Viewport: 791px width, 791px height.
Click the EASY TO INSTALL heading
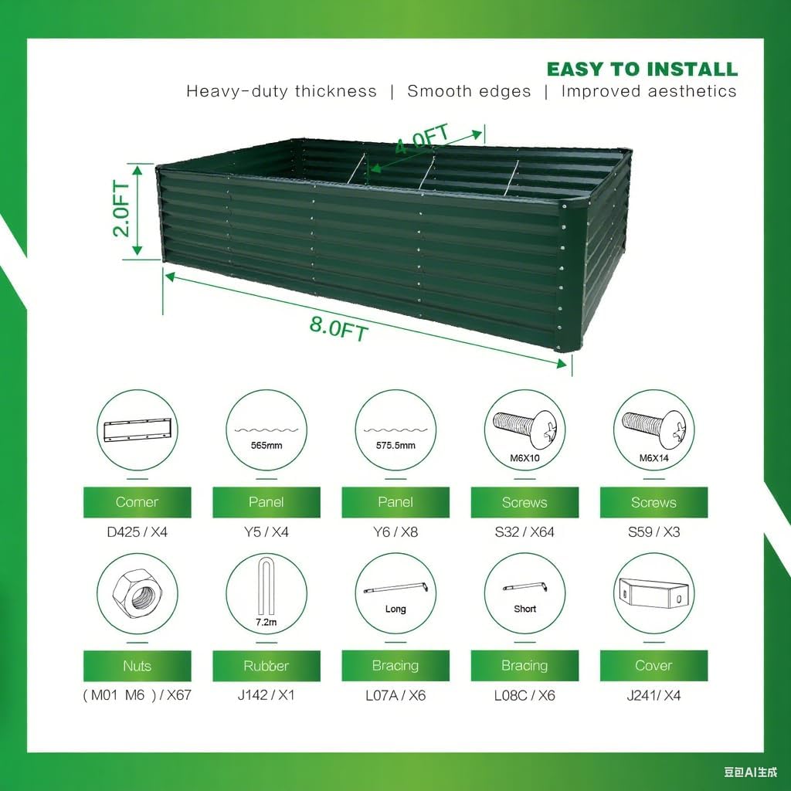pos(642,69)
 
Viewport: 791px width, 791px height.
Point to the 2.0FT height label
pos(122,209)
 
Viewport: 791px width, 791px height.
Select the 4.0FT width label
pos(422,141)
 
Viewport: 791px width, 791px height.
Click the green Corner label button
pos(137,502)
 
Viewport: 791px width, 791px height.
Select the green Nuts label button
pos(137,666)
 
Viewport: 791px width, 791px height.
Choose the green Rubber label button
pos(266,666)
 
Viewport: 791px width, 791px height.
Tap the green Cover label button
pos(654,666)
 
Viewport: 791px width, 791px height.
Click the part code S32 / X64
pos(525,531)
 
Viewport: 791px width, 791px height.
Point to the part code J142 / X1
pos(266,695)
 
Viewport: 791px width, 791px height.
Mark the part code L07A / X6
pos(395,695)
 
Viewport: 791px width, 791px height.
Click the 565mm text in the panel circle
pos(266,446)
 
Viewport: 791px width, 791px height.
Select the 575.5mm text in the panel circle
pos(395,446)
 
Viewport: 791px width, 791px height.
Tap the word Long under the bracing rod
pos(395,609)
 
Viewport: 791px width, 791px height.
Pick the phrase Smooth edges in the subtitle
pos(469,91)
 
